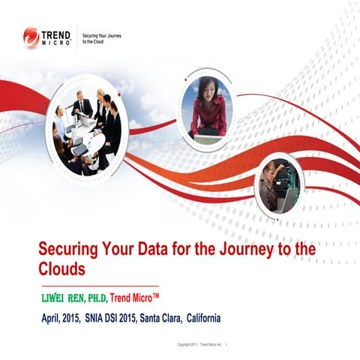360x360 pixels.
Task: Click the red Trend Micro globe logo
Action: point(31,37)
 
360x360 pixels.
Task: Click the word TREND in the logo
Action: point(57,34)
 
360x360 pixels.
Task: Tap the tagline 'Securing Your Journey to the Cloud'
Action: point(101,37)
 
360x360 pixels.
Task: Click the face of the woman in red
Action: point(207,87)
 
